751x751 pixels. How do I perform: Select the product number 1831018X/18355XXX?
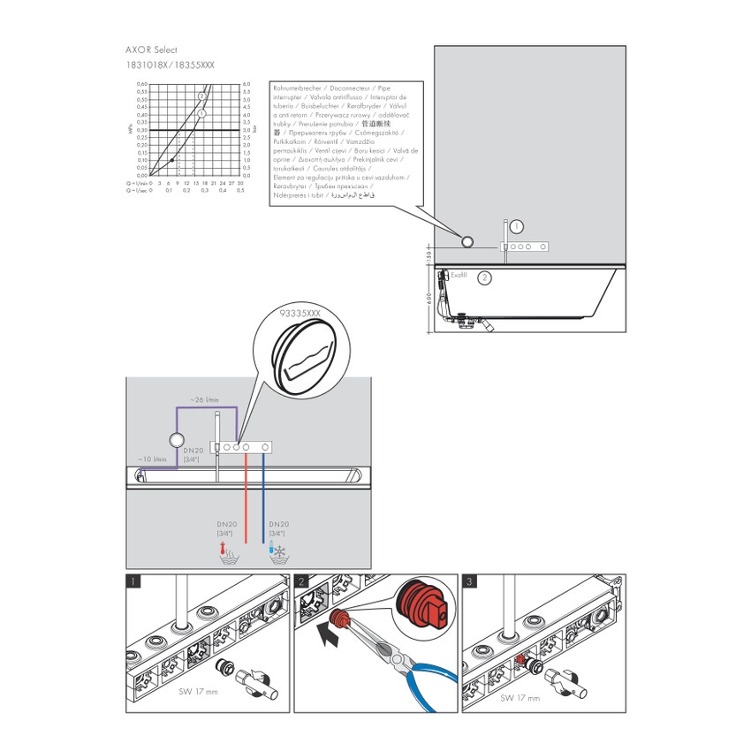pos(171,65)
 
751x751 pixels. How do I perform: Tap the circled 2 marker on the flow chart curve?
pos(202,95)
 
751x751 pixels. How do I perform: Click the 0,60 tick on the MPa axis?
pos(141,84)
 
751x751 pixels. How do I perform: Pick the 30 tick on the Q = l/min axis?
pos(240,183)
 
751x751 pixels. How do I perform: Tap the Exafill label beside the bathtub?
pos(459,276)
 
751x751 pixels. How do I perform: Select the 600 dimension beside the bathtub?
pos(426,299)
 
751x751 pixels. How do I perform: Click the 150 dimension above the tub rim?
pos(426,255)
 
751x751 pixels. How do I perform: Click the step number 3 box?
pos(470,581)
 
